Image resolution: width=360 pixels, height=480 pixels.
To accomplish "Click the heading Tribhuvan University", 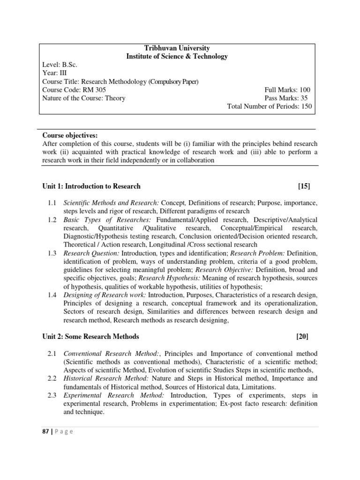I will pos(177,48).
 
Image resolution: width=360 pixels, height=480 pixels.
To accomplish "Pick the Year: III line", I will pos(54,73).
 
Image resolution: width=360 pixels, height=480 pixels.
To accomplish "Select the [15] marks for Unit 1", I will pos(304,186).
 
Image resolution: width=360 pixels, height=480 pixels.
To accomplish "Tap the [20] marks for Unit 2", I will pos(302,337).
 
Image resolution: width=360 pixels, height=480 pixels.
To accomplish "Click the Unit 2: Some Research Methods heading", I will pos(90,337).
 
